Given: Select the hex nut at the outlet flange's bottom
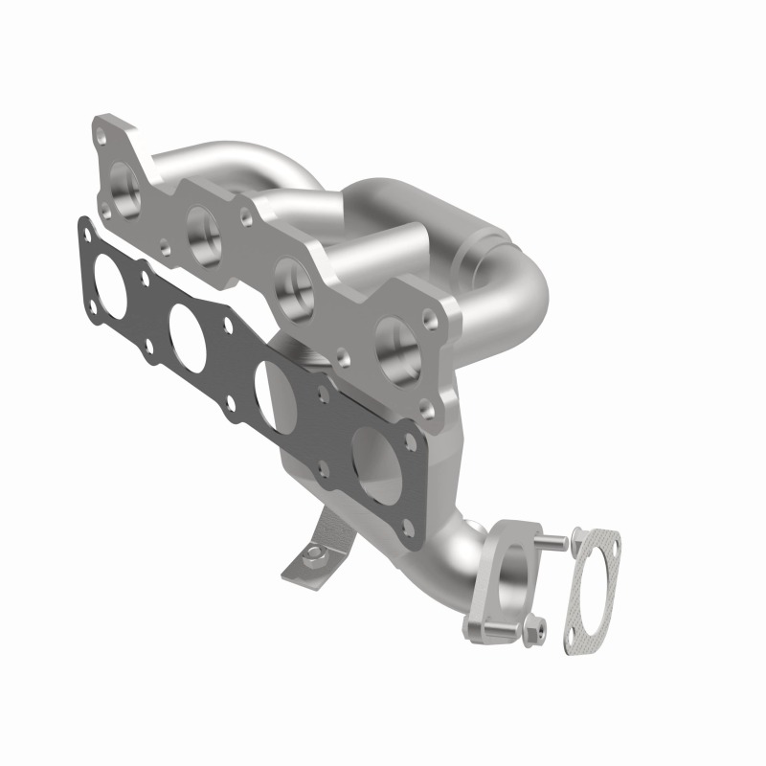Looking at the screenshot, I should pyautogui.click(x=532, y=629).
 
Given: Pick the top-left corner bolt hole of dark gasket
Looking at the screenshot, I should pyautogui.click(x=83, y=230).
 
